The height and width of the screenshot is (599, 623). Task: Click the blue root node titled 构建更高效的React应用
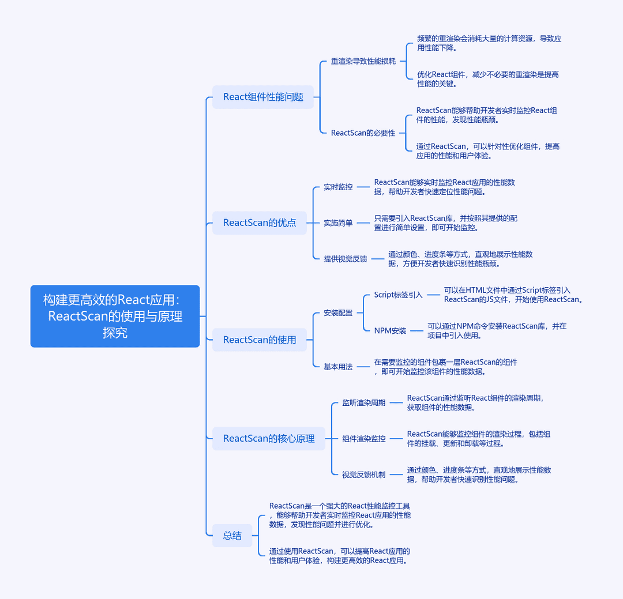(115, 316)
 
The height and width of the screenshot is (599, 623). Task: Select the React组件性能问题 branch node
(263, 97)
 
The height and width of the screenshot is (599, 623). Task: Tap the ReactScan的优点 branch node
(260, 223)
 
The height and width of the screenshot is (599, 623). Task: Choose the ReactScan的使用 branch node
(260, 340)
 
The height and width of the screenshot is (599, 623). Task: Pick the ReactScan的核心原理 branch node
(269, 439)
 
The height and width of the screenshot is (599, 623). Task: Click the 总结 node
(232, 536)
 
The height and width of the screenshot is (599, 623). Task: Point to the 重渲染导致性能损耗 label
(363, 61)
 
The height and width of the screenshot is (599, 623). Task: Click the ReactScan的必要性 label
(363, 133)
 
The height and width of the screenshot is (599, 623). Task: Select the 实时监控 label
(338, 187)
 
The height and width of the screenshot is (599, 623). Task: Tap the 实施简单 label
(338, 223)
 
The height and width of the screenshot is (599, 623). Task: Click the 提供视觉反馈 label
(346, 259)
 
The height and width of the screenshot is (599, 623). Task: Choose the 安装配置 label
(338, 313)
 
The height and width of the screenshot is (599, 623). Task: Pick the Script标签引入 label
(398, 295)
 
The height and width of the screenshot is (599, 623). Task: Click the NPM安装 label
(390, 331)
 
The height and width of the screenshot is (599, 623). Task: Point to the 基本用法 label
(338, 367)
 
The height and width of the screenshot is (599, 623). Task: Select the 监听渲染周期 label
(364, 403)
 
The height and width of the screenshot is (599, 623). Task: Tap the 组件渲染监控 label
(364, 439)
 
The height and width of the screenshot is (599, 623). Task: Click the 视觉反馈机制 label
(364, 474)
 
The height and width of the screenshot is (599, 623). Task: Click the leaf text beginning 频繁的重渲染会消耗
(489, 43)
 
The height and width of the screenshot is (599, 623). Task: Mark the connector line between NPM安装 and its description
(417, 331)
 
